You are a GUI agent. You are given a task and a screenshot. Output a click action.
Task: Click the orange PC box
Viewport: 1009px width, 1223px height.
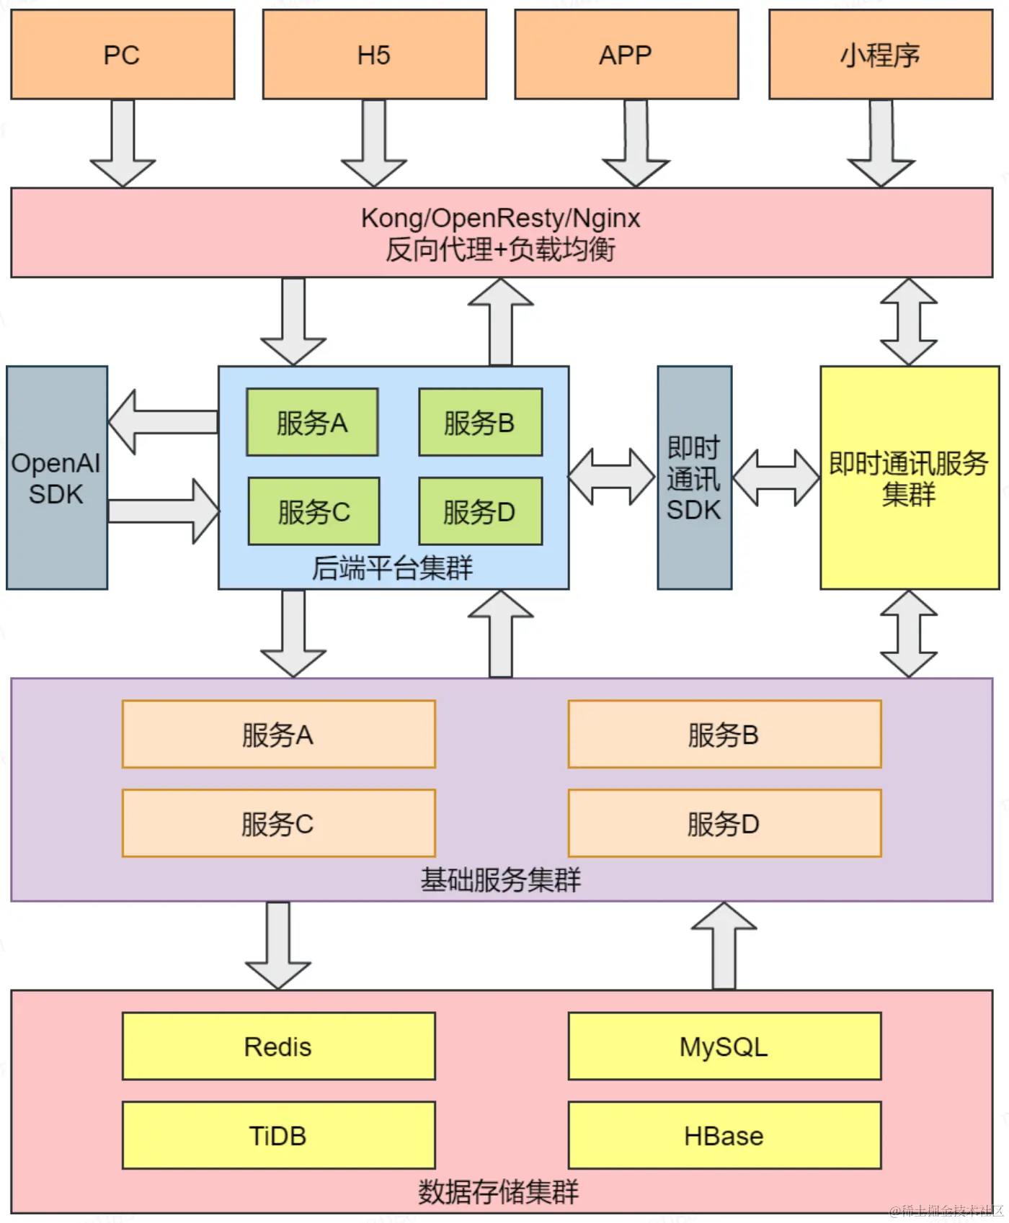123,55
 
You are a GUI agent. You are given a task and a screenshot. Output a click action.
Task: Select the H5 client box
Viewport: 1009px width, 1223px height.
374,55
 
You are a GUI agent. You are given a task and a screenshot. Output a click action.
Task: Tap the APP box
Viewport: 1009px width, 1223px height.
626,55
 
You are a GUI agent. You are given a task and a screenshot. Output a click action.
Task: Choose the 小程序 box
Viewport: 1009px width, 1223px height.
880,55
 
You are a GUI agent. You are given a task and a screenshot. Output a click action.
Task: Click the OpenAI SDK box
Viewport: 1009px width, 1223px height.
57,478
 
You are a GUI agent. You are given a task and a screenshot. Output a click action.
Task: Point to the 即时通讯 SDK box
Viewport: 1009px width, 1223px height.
694,478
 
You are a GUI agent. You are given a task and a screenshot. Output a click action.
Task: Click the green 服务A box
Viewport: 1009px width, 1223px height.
312,423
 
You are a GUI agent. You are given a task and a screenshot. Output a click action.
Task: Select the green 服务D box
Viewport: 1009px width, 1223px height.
480,511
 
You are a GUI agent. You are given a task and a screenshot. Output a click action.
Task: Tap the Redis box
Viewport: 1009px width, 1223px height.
278,1046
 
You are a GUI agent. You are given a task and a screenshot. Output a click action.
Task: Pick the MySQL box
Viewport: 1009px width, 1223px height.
724,1046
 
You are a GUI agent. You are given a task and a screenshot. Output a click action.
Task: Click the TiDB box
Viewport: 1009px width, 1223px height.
278,1135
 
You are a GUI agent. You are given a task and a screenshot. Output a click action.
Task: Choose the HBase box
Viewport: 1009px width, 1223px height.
724,1135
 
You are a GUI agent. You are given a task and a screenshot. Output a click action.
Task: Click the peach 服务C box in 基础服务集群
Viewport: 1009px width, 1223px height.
278,823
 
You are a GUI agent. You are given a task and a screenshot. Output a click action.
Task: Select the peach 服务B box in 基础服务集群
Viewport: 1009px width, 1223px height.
724,734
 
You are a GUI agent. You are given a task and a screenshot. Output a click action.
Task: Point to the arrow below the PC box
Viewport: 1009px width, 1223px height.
123,144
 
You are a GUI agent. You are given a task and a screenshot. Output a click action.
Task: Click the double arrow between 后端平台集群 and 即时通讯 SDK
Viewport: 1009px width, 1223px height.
612,477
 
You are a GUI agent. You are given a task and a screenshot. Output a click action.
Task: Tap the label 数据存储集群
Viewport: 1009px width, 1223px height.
499,1192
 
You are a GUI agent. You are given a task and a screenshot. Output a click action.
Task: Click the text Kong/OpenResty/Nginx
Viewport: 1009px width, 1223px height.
500,218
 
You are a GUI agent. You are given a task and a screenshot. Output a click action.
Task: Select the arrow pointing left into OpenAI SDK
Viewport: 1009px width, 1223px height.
163,422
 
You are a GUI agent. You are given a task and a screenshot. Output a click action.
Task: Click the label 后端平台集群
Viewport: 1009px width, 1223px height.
393,568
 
